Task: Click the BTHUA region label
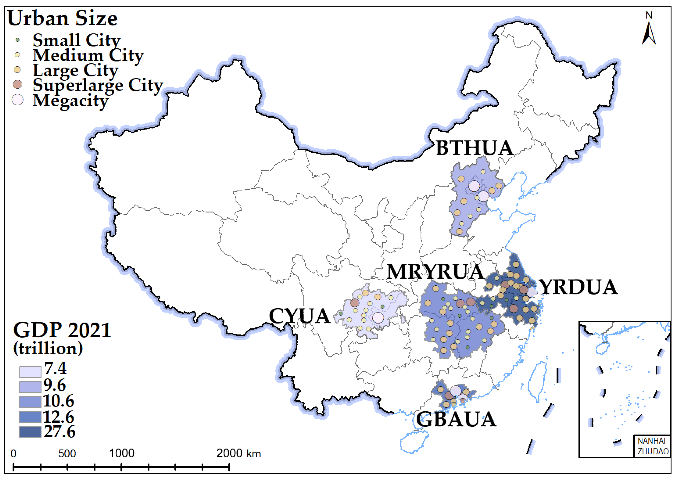point(474,148)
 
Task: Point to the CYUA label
point(300,316)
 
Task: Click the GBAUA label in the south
point(456,420)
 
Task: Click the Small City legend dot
point(18,40)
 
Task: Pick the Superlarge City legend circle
point(18,84)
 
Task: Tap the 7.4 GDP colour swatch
point(30,372)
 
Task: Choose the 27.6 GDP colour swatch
point(30,432)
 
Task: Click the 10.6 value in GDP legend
point(59,401)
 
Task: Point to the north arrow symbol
point(649,33)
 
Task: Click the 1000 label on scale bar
point(122,453)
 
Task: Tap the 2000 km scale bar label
point(238,453)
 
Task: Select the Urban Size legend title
point(62,18)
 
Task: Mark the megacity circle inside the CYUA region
point(378,318)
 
